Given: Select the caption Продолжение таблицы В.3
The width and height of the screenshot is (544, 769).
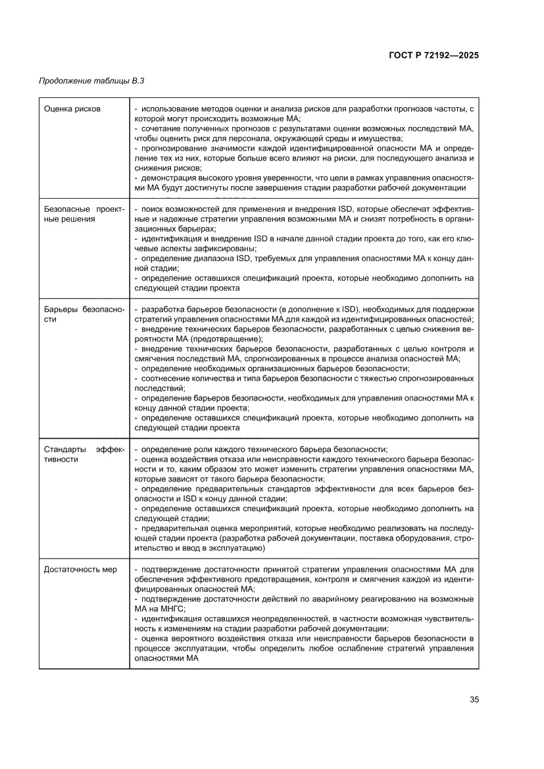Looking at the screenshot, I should coord(91,81).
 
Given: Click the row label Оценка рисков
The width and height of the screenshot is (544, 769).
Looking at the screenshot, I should coord(72,109).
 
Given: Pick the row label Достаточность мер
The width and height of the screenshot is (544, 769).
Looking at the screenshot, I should coord(80,569).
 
